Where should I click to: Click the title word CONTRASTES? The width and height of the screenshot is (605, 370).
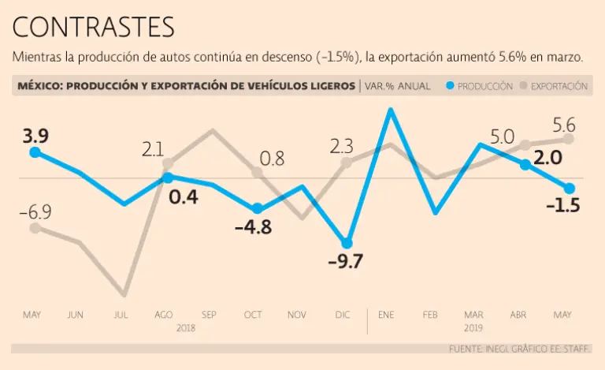[93, 28]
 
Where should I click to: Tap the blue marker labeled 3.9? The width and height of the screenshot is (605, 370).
[35, 152]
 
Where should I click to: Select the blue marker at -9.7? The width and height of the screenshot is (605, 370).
[347, 243]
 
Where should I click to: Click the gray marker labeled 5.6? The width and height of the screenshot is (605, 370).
[568, 139]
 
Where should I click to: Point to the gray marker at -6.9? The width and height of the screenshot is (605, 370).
[35, 228]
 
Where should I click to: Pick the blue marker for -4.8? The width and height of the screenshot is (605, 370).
[257, 209]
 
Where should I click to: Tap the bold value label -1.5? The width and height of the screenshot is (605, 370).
[562, 207]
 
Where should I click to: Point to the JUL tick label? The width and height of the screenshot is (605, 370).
[121, 315]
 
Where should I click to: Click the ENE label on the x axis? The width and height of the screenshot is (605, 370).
[386, 315]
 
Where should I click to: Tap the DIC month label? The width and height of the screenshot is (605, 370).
[343, 315]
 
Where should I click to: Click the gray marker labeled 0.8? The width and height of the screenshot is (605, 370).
[257, 172]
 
